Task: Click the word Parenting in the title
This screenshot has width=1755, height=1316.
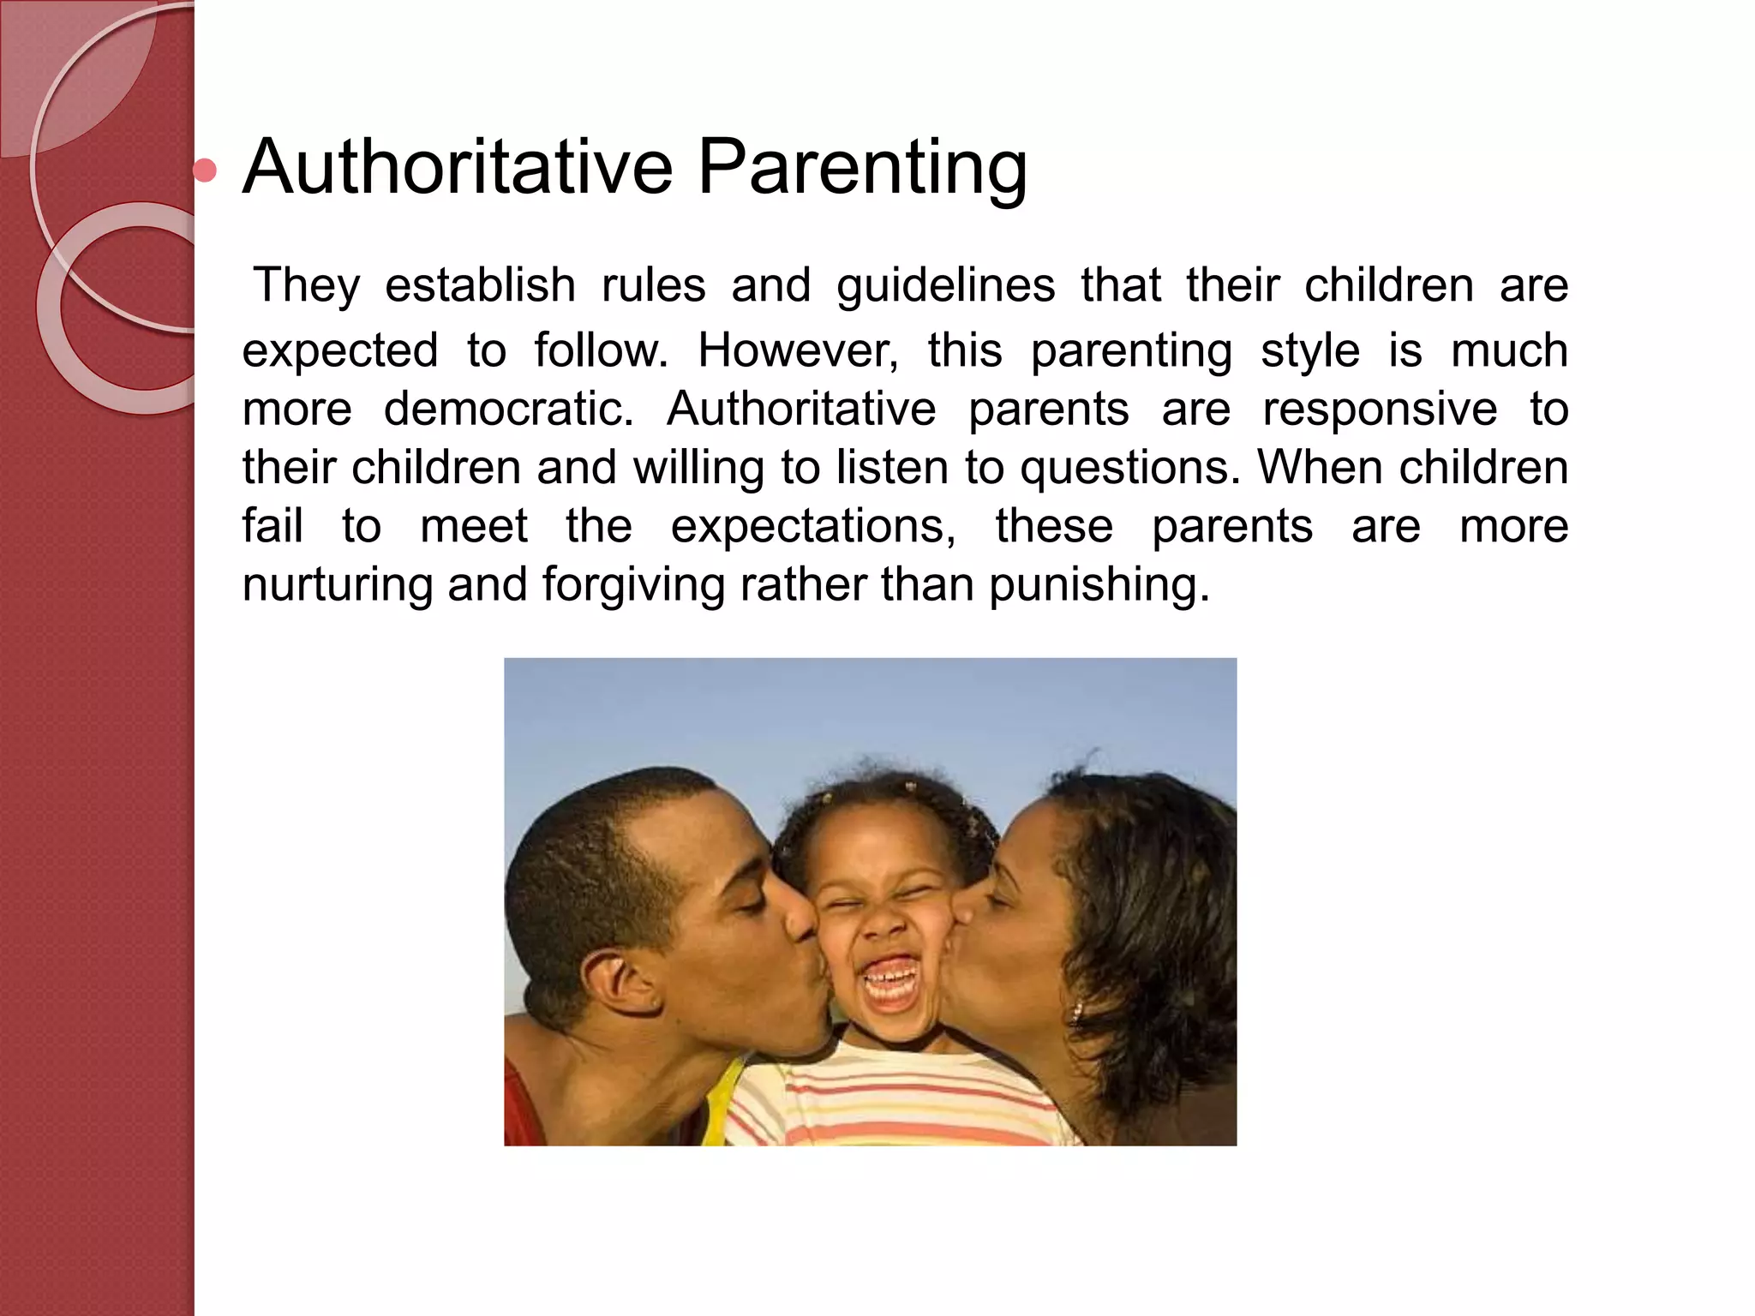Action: (861, 169)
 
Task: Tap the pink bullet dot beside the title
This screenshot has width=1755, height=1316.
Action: (205, 170)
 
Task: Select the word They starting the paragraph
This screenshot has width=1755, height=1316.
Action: (307, 285)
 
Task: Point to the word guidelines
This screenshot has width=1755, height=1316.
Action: (945, 287)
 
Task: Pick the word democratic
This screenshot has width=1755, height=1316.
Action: (508, 409)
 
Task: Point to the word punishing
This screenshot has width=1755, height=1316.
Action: (1099, 586)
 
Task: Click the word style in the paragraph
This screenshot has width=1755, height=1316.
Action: (1309, 350)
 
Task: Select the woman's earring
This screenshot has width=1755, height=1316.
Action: (1077, 1011)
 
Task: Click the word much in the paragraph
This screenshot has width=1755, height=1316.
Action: (1509, 350)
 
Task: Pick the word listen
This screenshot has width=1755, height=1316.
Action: (887, 469)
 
